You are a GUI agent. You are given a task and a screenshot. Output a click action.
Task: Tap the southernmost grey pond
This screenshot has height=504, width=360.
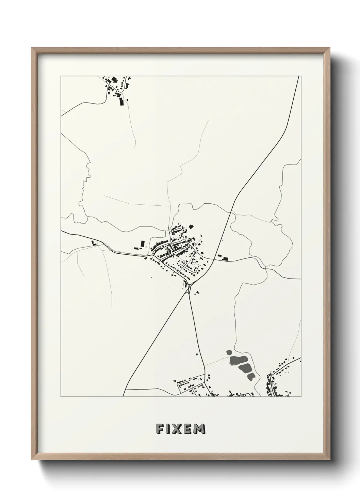click(x=251, y=376)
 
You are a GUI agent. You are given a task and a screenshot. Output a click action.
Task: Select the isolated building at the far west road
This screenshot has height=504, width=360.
click(x=93, y=243)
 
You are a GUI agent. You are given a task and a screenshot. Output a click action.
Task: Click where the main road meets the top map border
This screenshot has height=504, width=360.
click(x=298, y=76)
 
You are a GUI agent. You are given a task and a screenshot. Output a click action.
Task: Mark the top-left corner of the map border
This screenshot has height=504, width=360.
click(x=61, y=76)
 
